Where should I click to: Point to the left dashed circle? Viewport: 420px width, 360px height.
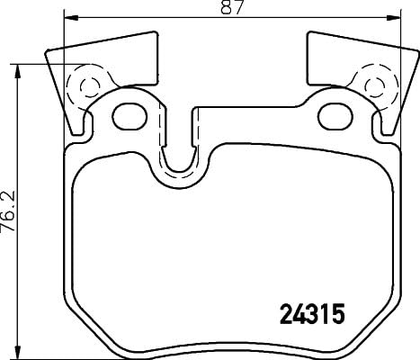click(x=90, y=88)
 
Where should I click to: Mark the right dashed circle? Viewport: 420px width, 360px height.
click(x=372, y=88)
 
